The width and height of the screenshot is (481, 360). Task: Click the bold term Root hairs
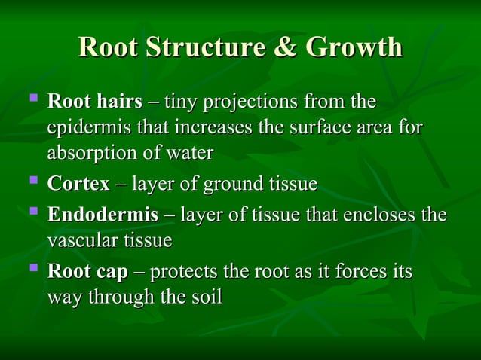point(94,101)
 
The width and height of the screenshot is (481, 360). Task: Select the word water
point(190,153)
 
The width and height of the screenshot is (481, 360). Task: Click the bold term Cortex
point(78,184)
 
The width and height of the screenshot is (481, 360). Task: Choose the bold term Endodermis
point(103,215)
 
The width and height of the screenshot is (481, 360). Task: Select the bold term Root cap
point(87,271)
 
